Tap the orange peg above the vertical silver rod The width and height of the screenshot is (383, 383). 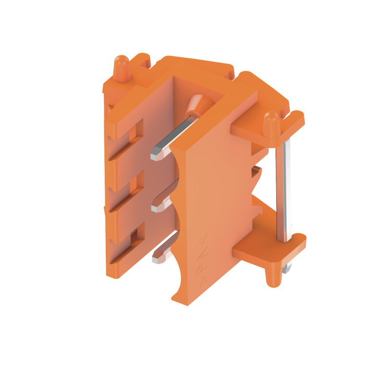click(272, 123)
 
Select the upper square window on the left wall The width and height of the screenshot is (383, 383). click(138, 128)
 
